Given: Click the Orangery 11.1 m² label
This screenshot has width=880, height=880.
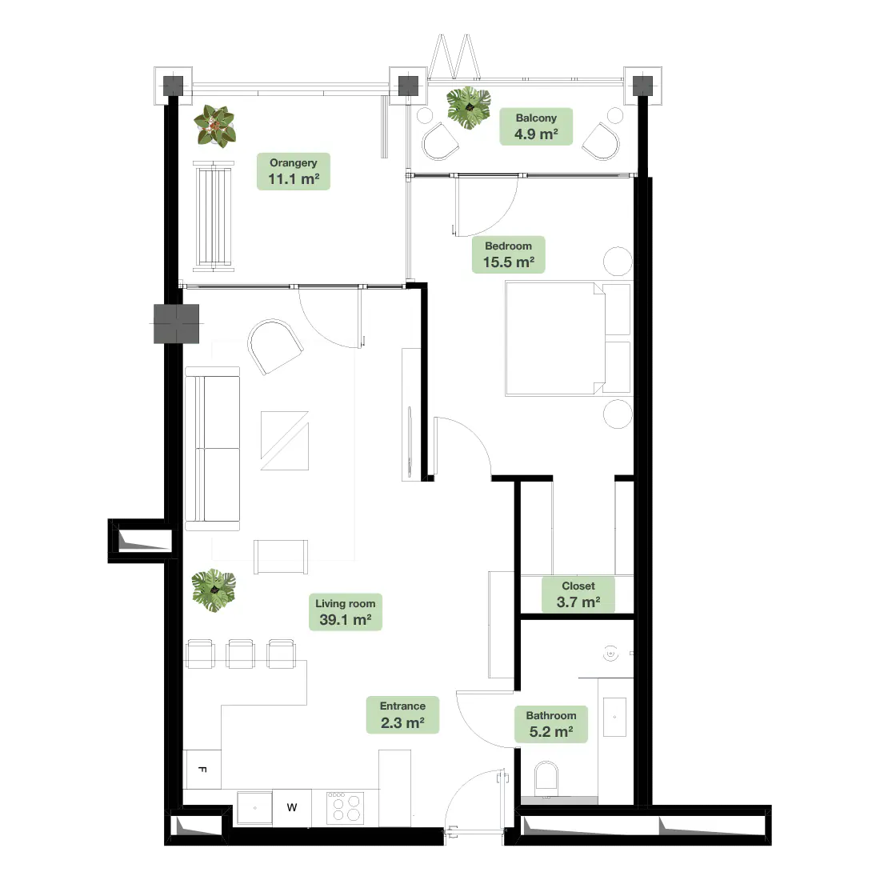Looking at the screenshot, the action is (293, 171).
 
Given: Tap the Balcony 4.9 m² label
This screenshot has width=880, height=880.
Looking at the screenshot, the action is (536, 126).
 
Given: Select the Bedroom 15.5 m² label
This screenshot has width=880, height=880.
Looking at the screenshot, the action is (509, 254).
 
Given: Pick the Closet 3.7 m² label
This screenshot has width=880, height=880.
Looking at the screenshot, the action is (578, 594).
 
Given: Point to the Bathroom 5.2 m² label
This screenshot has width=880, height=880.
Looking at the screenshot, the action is (551, 724).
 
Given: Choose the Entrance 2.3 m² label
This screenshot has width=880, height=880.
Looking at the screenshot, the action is (402, 715).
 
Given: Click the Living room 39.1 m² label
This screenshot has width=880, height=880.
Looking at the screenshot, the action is (345, 612).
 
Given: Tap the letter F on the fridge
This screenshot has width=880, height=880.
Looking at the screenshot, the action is (202, 770).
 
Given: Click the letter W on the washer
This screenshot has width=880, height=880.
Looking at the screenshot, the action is (292, 808).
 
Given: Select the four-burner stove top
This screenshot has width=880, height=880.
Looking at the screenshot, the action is (345, 808).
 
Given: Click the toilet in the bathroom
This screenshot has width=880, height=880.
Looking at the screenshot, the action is (546, 779).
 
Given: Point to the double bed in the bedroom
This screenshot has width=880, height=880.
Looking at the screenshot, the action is (568, 339).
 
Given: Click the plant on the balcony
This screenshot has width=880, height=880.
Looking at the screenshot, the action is (469, 108).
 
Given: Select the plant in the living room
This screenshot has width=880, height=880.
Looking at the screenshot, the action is (214, 590).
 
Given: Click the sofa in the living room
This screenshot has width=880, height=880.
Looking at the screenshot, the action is (212, 449).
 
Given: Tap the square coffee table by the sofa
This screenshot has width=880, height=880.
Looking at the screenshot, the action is (285, 441).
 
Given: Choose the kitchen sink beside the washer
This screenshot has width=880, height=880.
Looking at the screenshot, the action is (254, 808).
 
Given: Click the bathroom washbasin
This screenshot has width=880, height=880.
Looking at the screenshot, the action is (614, 717).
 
